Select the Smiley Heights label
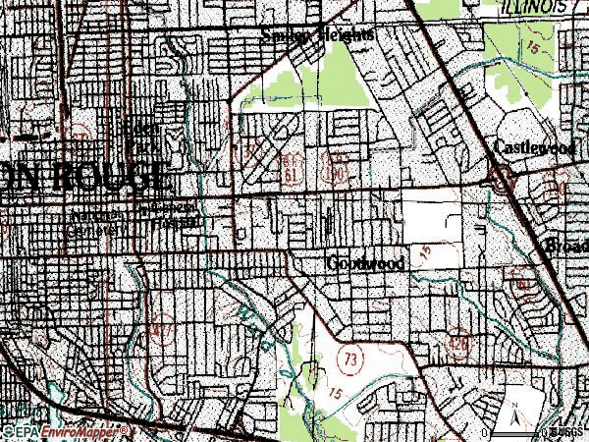point(317,34)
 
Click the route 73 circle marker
point(350,359)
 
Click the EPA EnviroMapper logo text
point(65,431)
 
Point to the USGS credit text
point(566,431)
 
